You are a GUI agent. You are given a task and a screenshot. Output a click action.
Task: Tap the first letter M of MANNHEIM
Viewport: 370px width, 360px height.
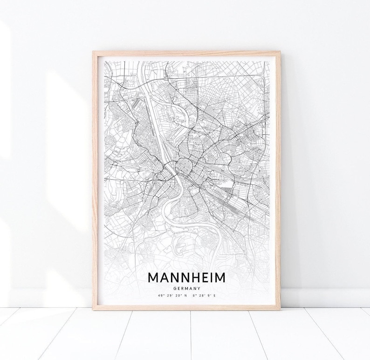(154, 278)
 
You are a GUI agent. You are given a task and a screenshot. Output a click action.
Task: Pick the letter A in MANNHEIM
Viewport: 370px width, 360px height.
(165, 278)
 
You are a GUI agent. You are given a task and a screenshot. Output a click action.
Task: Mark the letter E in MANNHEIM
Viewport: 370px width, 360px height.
(207, 278)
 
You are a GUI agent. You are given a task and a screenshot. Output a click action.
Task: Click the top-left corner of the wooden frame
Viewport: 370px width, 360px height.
(94, 48)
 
